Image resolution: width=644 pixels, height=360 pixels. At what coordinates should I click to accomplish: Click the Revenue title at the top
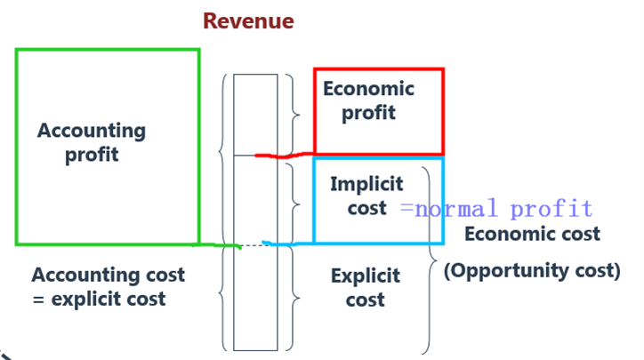[248, 20]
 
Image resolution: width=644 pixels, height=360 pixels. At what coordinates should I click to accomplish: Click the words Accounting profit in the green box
[91, 142]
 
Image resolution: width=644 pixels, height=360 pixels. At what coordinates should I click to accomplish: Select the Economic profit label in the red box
[368, 100]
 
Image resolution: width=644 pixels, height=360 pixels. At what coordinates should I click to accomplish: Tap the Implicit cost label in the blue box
[366, 196]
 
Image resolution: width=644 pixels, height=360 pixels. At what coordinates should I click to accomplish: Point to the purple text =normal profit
[495, 210]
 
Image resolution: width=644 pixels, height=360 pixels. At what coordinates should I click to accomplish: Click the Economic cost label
[532, 234]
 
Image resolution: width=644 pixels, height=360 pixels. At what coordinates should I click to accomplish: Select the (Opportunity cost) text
[531, 270]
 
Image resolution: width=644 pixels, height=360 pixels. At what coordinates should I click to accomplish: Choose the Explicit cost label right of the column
[365, 287]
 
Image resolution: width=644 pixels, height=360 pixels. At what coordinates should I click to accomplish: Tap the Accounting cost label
[109, 275]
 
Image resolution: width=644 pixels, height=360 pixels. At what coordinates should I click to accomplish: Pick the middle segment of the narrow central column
[255, 200]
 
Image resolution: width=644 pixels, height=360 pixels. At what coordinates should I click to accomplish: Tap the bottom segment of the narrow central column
[255, 298]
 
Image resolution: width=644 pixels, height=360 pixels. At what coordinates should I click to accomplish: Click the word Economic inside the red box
[368, 89]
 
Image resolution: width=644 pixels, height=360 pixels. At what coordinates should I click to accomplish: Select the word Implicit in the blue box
[366, 184]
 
